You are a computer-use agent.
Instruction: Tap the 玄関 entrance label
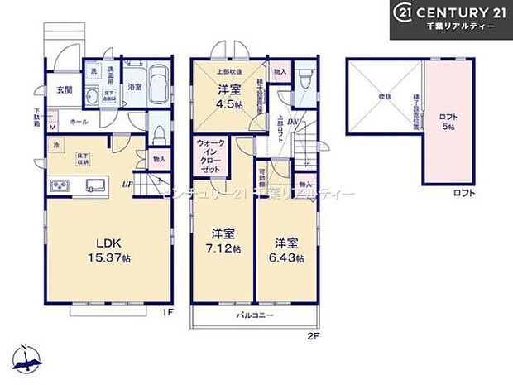tap(65, 89)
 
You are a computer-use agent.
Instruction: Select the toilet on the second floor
tap(304, 81)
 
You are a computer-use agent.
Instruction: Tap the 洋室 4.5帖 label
tap(229, 97)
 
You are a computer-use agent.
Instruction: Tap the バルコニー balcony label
tap(255, 316)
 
